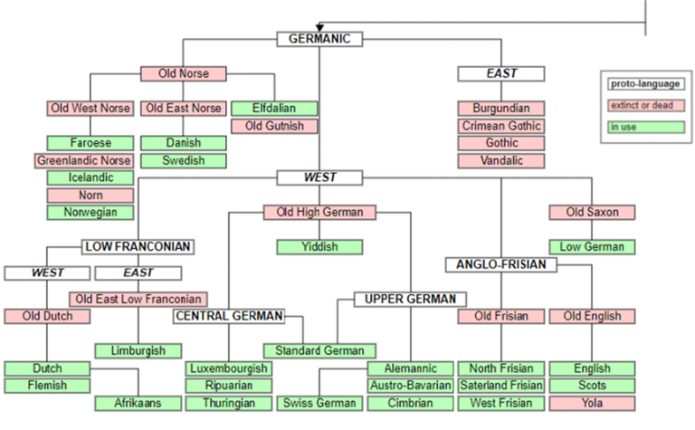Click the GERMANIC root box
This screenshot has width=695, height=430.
point(319,39)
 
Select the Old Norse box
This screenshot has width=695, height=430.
point(183,73)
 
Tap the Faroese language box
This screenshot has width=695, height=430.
point(90,143)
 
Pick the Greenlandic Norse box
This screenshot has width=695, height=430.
point(84,160)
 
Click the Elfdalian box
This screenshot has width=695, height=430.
point(274,109)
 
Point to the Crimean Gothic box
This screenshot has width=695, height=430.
point(501,126)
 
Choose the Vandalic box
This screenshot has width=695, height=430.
point(501,160)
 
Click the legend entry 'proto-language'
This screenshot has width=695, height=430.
point(645,84)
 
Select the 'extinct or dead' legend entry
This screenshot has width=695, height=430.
point(645,106)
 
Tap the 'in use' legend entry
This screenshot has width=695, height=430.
point(645,128)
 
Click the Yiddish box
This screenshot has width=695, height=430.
point(319,247)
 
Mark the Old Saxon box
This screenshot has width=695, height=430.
point(591,212)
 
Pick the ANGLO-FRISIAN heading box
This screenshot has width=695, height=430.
point(501,264)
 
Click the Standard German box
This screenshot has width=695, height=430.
point(319,350)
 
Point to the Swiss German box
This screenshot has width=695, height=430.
point(319,403)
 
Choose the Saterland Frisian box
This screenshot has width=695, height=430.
point(501,386)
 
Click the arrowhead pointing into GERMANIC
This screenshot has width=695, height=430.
point(319,27)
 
